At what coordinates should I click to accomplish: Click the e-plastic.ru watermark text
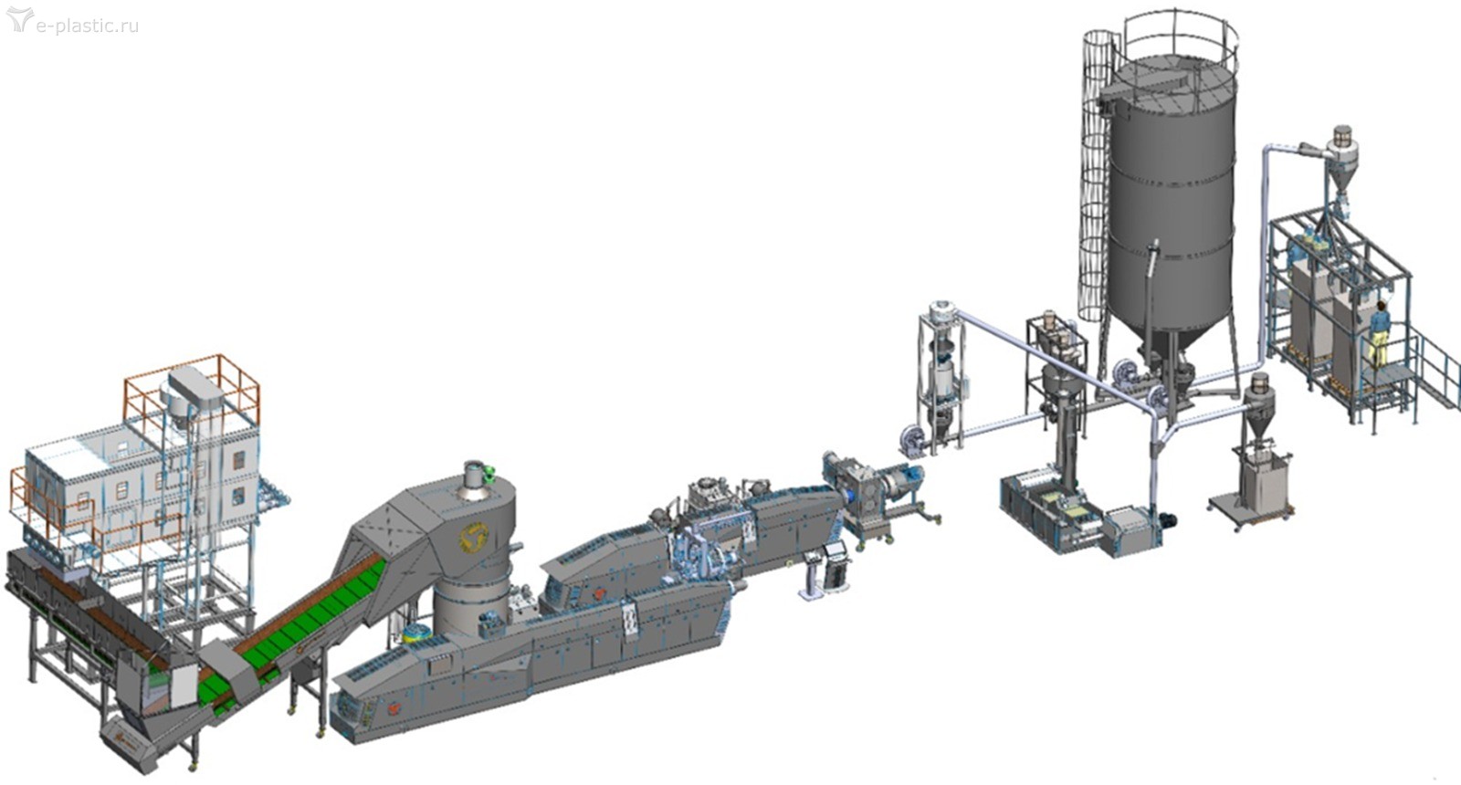click(x=88, y=26)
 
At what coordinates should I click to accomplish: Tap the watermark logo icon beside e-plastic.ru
click(x=19, y=19)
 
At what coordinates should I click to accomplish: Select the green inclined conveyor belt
click(x=293, y=627)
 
